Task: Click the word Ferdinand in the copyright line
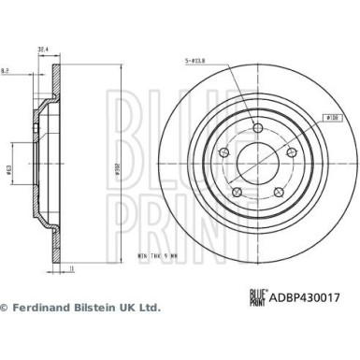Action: (x=46, y=308)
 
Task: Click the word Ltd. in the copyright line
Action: (x=149, y=308)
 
